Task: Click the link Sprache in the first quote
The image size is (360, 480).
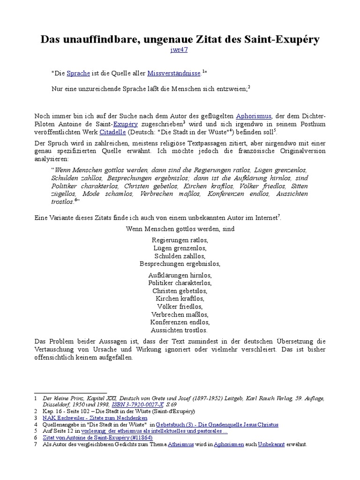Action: pos(78,73)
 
